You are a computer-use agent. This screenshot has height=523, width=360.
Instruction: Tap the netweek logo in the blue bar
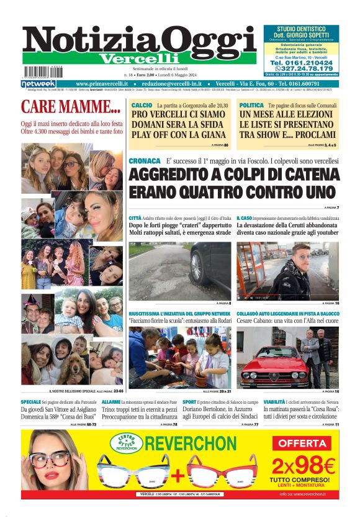38,84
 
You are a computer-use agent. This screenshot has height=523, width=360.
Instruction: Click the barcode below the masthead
44,71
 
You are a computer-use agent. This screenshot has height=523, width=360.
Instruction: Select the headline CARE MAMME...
70,107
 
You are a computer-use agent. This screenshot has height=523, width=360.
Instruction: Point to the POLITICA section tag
251,106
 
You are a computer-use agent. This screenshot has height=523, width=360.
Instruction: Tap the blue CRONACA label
145,161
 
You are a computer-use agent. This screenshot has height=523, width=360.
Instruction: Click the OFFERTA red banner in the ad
304,443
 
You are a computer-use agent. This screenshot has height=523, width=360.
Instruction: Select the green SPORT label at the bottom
189,402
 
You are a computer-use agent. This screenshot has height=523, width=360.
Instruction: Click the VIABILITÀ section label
251,402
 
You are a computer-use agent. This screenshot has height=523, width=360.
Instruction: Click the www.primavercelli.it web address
102,84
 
